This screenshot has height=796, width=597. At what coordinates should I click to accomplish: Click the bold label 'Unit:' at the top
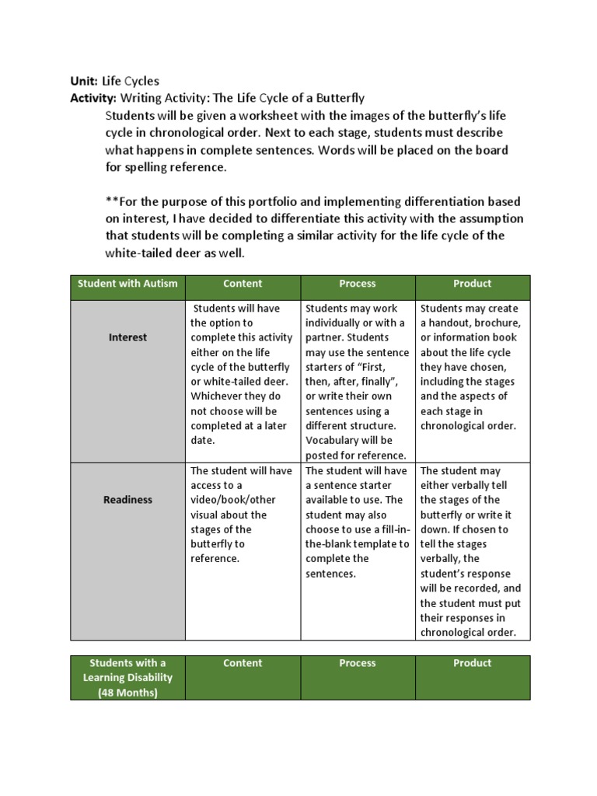point(84,82)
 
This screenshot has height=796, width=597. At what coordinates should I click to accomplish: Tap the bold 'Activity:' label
point(93,98)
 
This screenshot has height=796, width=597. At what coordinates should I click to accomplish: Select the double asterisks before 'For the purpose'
point(111,201)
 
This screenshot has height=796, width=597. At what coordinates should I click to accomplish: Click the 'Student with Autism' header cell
point(127,284)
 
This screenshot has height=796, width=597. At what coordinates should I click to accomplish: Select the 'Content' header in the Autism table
point(243,284)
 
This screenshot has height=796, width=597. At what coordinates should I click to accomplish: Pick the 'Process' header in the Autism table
point(358,284)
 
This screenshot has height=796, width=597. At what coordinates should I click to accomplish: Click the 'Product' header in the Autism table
point(473,284)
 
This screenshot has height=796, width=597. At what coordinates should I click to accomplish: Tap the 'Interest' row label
point(127,337)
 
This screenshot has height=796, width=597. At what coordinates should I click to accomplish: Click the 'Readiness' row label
point(127,500)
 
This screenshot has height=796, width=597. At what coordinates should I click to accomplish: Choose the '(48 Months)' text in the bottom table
point(127,692)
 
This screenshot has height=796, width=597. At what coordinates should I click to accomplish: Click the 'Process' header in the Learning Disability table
point(358,663)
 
